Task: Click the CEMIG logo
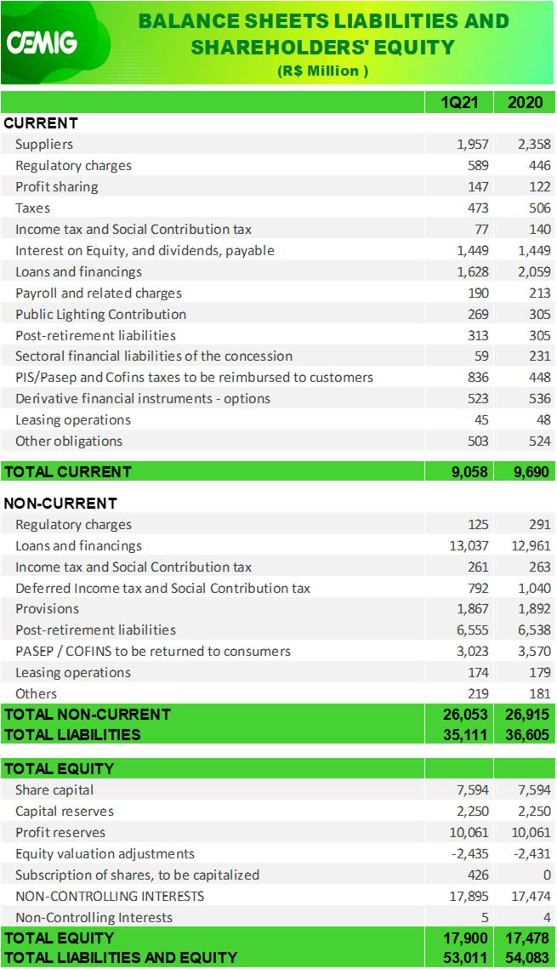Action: click(42, 43)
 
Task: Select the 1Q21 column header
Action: click(459, 102)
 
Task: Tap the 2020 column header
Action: click(525, 102)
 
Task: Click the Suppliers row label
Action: click(44, 144)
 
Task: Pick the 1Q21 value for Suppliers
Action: click(473, 144)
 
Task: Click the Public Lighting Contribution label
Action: click(100, 314)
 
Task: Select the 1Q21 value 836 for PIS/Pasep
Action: click(478, 377)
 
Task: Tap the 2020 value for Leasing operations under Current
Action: click(543, 419)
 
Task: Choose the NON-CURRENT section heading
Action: click(60, 503)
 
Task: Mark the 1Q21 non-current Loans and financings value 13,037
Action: click(469, 545)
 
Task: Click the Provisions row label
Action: click(47, 609)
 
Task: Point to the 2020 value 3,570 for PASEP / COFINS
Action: click(534, 652)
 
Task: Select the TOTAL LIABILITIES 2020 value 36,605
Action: click(527, 735)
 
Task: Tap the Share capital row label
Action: click(54, 789)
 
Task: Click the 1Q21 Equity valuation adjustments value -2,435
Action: click(470, 853)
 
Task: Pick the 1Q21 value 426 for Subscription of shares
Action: click(478, 875)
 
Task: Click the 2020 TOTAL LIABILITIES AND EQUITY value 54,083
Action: click(527, 958)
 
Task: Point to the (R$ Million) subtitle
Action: click(322, 71)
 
